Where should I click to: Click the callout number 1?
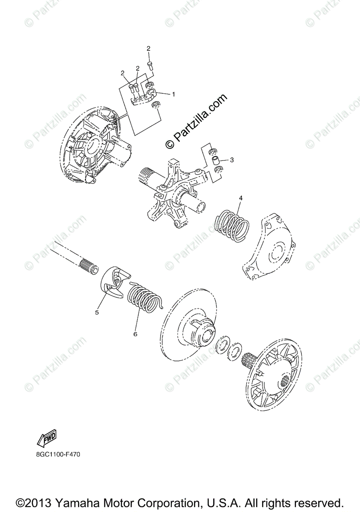point(174,94)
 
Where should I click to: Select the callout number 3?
point(231,160)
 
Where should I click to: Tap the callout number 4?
point(240,198)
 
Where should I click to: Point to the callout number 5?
point(97,312)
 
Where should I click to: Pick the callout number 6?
point(135,334)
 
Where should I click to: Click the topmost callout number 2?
point(149,49)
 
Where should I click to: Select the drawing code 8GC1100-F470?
point(55,454)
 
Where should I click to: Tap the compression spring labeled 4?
point(232,224)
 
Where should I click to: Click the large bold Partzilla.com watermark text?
point(197,121)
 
